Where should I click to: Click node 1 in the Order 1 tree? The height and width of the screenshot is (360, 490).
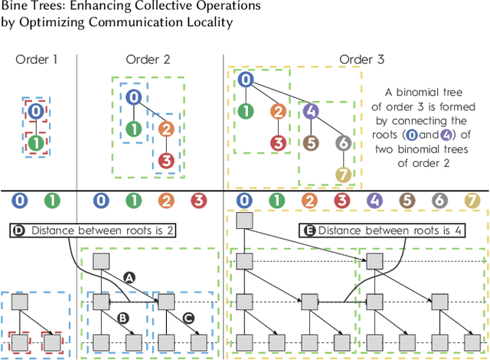[x=35, y=142]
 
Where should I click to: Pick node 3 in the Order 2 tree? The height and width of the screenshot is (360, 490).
[x=166, y=161]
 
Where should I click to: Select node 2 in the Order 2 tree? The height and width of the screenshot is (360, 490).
[x=166, y=129]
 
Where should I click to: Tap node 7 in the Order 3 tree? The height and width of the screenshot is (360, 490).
[x=344, y=174]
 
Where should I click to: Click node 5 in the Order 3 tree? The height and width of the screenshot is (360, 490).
[x=310, y=142]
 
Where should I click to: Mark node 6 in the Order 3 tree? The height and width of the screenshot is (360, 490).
[x=344, y=142]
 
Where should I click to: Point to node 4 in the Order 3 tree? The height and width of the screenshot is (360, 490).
[x=310, y=110]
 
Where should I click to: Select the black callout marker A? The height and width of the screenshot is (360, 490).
[x=129, y=278]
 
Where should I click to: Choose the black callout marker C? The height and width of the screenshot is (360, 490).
[x=189, y=316]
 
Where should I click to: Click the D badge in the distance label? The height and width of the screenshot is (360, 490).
[x=19, y=229]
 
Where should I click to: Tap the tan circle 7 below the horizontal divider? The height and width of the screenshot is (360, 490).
[x=472, y=201]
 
